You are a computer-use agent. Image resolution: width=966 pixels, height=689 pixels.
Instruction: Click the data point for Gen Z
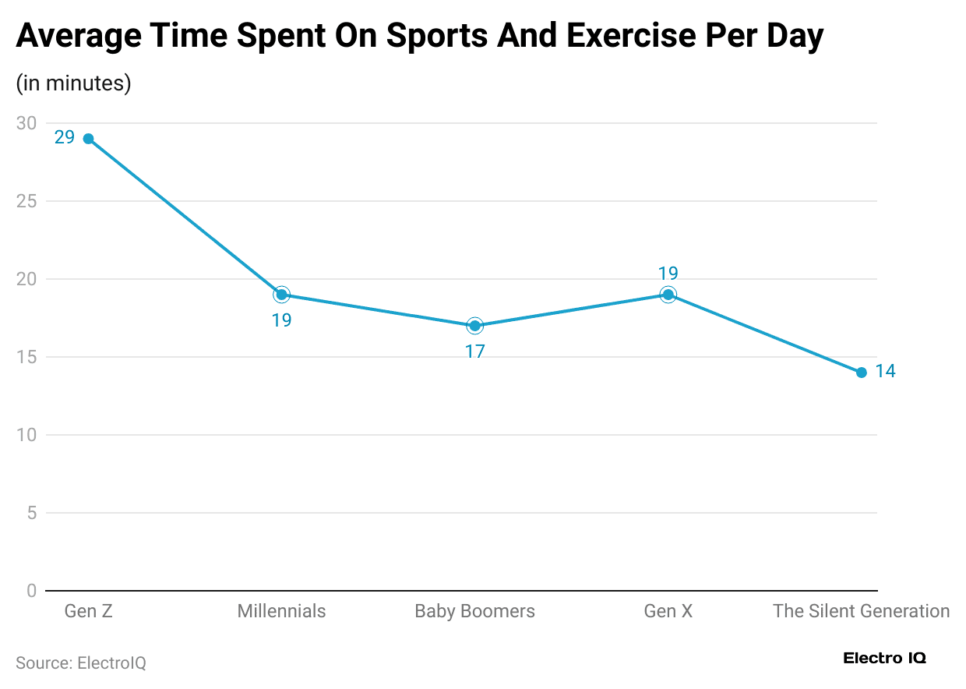(x=88, y=139)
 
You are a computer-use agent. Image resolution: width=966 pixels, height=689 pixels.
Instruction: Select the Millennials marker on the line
(x=281, y=295)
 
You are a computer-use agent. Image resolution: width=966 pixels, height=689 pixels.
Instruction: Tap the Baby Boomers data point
(x=474, y=326)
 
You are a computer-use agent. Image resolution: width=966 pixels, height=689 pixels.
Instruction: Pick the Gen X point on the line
(x=668, y=295)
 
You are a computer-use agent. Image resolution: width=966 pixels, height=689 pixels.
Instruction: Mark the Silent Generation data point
(x=861, y=373)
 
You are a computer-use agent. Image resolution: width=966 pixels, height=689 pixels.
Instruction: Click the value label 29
(x=65, y=138)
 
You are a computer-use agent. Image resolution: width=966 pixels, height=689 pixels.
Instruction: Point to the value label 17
(x=474, y=352)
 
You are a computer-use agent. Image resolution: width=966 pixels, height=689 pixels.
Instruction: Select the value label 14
(x=885, y=372)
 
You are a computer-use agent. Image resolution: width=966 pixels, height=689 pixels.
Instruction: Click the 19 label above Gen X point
(x=668, y=274)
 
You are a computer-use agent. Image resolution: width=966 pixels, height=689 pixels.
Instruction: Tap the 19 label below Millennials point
(x=281, y=320)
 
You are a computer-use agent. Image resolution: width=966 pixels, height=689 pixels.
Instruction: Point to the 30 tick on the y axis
(x=26, y=123)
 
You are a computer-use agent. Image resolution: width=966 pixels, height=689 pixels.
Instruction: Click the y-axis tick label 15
(x=26, y=357)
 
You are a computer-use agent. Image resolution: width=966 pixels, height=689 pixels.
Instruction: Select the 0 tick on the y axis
(x=31, y=591)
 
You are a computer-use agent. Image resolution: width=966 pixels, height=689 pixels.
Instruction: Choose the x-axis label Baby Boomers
(x=474, y=611)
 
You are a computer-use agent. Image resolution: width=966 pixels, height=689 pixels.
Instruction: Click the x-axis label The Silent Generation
(x=861, y=611)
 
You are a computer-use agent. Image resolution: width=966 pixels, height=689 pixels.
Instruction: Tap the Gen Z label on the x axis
(x=88, y=611)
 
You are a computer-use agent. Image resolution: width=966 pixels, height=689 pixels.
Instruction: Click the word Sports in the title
(x=439, y=37)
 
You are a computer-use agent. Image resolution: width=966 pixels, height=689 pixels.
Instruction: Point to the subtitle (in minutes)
(x=73, y=83)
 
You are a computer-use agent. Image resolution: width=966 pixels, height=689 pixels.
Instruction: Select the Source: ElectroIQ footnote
(x=81, y=663)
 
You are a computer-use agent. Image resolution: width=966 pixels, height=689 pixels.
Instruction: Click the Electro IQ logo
(x=884, y=659)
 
